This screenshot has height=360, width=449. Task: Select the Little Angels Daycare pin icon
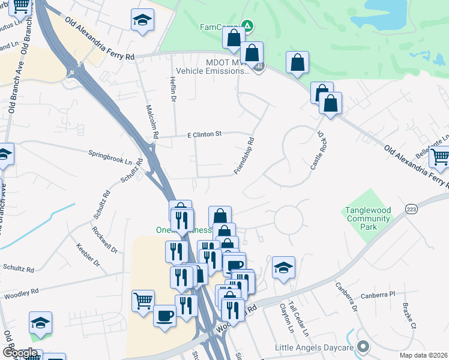(x=363, y=347)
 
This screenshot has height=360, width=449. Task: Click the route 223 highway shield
(x=411, y=209)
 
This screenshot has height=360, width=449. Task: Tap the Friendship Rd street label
(x=245, y=156)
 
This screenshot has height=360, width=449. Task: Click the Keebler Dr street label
(x=87, y=254)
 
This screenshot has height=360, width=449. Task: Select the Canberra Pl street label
(x=378, y=295)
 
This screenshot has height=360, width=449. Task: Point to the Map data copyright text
(x=423, y=355)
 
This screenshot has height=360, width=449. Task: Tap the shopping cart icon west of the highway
(x=143, y=301)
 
